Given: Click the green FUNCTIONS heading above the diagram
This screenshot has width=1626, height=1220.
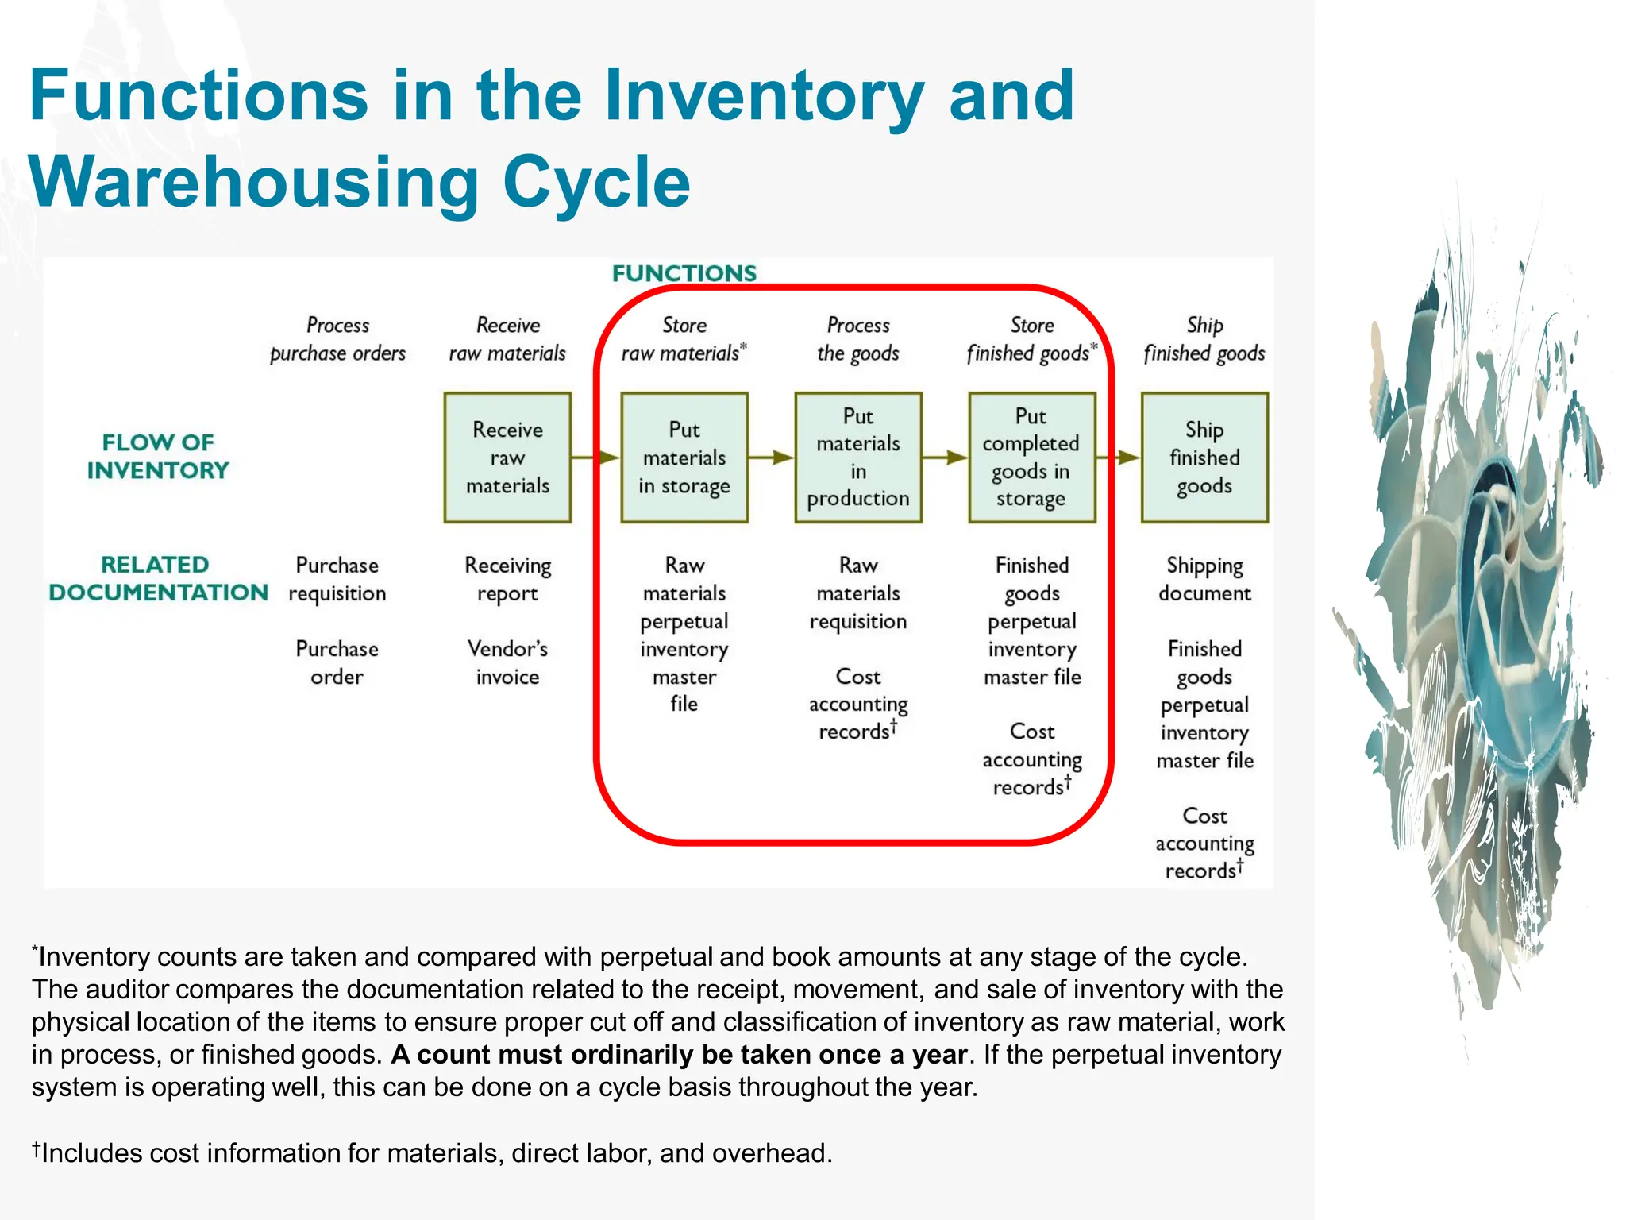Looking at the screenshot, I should pyautogui.click(x=684, y=273).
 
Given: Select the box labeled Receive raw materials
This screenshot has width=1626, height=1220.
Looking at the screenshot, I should pyautogui.click(x=507, y=457).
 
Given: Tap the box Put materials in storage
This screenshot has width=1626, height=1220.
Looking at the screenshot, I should pyautogui.click(x=684, y=457).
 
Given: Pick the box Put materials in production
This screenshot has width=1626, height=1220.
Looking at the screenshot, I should pyautogui.click(x=857, y=457).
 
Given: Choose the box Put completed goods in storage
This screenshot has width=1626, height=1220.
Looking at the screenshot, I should pyautogui.click(x=1031, y=457).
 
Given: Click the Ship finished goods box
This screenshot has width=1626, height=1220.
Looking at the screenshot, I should pyautogui.click(x=1204, y=457).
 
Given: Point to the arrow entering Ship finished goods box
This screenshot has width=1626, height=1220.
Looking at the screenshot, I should pyautogui.click(x=1119, y=457).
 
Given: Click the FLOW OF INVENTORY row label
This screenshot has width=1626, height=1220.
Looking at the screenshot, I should pyautogui.click(x=158, y=456).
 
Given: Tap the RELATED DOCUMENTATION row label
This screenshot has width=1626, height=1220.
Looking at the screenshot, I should pyautogui.click(x=158, y=578).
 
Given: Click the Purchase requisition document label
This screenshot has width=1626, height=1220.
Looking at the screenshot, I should pyautogui.click(x=337, y=579).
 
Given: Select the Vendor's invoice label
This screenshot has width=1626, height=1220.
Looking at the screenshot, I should pyautogui.click(x=507, y=662).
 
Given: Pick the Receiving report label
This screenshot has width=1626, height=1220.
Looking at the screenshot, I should pyautogui.click(x=507, y=579).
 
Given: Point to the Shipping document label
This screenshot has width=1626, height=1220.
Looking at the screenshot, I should pyautogui.click(x=1204, y=579).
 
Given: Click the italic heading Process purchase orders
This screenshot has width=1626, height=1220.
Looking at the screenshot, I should pyautogui.click(x=337, y=339).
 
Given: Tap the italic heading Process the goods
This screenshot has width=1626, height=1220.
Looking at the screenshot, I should pyautogui.click(x=857, y=339).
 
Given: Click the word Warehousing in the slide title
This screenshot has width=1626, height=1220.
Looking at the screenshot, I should pyautogui.click(x=254, y=183).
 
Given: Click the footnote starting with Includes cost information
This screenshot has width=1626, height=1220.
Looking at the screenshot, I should pyautogui.click(x=433, y=1152).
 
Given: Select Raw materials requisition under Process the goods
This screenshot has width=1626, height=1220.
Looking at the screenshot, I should pyautogui.click(x=857, y=593).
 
